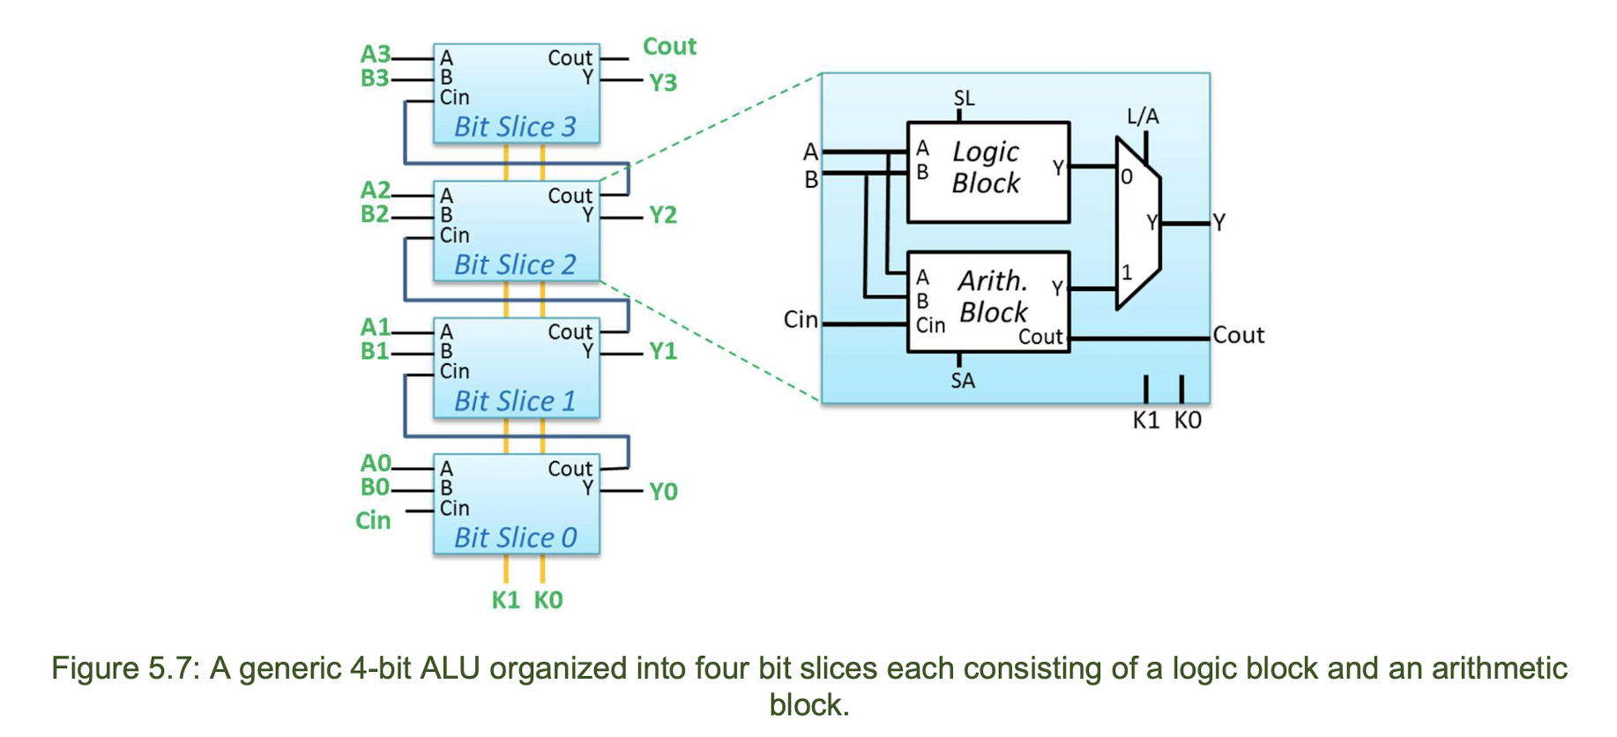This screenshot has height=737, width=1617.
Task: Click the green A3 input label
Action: pos(376,55)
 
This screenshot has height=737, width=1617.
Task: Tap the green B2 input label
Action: pos(376,214)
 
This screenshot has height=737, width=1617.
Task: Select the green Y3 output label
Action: pos(663,83)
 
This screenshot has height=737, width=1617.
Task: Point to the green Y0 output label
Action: pos(663,492)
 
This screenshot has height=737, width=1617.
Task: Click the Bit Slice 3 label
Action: pos(515,127)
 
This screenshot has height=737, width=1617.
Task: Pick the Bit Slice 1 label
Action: pos(515,401)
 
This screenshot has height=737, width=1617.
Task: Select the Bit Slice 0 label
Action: pos(515,538)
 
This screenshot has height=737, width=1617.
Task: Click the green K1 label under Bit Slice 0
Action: pos(505,600)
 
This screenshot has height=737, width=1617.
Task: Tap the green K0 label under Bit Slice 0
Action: pos(548,600)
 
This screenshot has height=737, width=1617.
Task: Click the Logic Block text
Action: pos(986,167)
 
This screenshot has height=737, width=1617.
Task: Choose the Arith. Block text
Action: pos(993,296)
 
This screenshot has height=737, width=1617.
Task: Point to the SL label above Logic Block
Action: pos(965,98)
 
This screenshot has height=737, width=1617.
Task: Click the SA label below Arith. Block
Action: pos(963,381)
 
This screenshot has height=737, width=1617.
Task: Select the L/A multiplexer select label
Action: pos(1143,116)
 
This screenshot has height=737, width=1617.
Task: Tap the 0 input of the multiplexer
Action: pos(1127,177)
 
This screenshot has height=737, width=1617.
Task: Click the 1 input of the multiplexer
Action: pos(1127,272)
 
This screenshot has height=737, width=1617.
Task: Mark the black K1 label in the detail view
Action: pos(1146,421)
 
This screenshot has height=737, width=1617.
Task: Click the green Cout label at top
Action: pos(669,46)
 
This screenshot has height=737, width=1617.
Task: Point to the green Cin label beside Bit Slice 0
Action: pos(373,520)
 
